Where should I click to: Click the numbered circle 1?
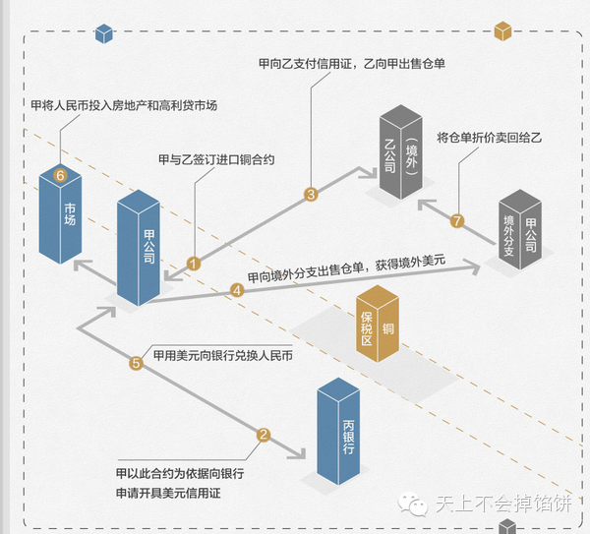pos(194,264)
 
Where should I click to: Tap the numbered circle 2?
pos(264,435)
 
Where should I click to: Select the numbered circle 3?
pos(311,194)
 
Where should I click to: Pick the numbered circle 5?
pos(137,363)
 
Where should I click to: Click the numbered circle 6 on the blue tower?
pos(60,175)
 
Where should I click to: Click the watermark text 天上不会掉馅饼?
pos(500,504)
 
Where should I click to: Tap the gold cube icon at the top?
pos(504,30)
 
